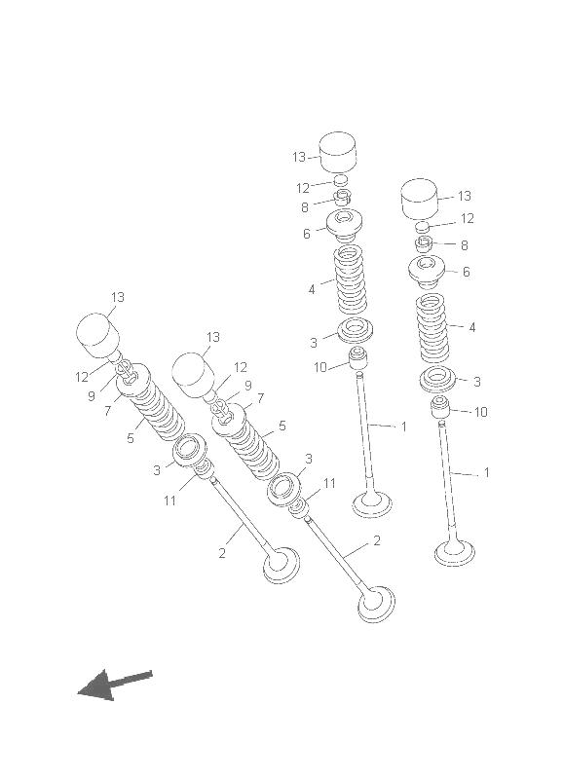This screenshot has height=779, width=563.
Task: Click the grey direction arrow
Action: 113,685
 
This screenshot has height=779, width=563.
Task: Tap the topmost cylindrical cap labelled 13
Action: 338,151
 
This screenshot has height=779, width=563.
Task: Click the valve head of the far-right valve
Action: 454,554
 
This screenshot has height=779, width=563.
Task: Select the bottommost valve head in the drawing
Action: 376,603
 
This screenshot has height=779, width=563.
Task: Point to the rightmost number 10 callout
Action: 481,412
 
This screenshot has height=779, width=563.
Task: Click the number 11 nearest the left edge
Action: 169,501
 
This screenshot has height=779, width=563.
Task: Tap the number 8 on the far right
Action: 464,245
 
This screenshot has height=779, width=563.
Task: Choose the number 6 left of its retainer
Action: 307,234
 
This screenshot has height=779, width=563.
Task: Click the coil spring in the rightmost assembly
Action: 432,328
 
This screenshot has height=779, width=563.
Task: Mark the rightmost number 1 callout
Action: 486,472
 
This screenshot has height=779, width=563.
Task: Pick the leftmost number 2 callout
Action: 222,552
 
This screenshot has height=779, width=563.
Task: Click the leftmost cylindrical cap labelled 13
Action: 97,335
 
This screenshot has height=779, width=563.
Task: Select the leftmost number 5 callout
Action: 131,438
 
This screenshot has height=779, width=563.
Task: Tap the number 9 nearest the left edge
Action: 92,396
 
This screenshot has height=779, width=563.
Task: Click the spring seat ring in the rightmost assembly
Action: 437,379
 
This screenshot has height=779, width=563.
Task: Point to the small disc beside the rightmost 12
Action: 423,227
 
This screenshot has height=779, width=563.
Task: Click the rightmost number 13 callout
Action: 464,196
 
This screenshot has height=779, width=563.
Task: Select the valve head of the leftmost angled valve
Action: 281,565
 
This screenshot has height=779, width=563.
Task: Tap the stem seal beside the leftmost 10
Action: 358,358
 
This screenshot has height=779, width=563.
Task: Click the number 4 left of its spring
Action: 312,289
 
